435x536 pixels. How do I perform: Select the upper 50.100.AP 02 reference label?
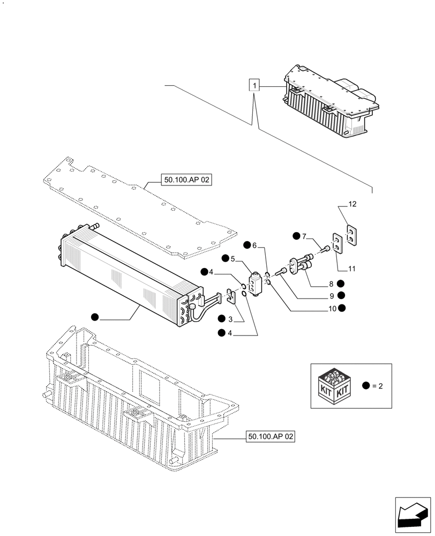pos(186,181)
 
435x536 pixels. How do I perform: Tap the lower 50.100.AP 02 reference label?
pos(271,437)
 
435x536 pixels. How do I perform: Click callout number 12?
pos(352,204)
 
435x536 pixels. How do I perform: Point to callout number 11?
pos(351,269)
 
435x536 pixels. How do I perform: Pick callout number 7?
pos(304,236)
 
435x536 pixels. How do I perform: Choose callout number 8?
pos(332,284)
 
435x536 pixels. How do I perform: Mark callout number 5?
pos(233,258)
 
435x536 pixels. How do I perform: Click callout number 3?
pos(230,319)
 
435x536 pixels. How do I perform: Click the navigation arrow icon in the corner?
pos(413,515)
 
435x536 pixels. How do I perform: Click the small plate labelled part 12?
pos(351,235)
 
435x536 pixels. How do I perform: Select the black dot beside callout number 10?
pos(342,308)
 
